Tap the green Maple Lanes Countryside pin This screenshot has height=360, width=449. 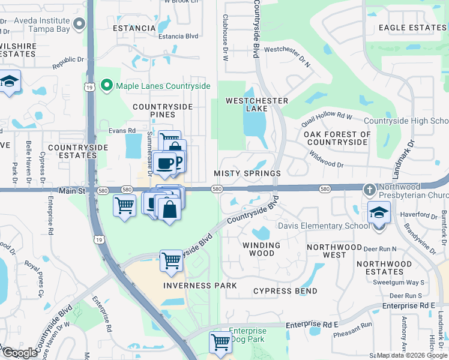107,86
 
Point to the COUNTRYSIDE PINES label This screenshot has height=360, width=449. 162,110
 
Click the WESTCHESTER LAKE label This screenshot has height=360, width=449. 256,104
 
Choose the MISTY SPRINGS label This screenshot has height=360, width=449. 247,173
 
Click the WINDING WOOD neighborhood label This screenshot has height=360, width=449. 261,250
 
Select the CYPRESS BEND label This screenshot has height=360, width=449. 285,291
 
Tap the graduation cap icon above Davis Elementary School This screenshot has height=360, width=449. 379,212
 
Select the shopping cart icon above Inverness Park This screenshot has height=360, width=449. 172,260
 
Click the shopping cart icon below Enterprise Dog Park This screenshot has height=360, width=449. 220,342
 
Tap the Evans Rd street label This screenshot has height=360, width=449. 122,130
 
